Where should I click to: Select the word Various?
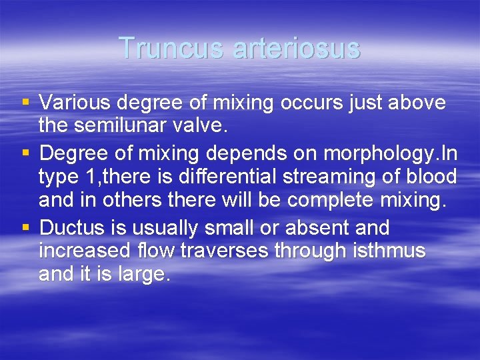75,103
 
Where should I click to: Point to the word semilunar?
133,126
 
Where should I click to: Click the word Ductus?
72,228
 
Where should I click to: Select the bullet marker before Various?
26,103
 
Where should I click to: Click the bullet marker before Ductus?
26,228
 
